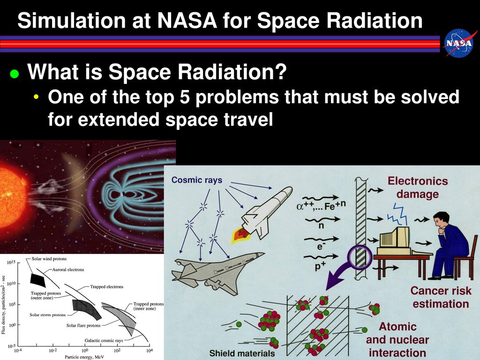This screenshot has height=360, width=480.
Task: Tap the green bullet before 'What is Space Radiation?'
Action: (x=15, y=74)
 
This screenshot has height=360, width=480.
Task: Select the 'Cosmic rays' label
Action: (x=196, y=180)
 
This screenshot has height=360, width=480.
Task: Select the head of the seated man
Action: (x=441, y=220)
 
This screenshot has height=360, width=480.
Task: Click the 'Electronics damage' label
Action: (x=418, y=187)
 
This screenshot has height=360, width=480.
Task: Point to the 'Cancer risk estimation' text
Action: (x=441, y=297)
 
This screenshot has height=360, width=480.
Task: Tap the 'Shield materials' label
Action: (x=242, y=353)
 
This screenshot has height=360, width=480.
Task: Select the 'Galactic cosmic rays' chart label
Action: (x=104, y=340)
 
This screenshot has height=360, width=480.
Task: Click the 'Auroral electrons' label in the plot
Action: (x=68, y=270)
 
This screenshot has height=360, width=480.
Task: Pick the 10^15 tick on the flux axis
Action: (x=11, y=262)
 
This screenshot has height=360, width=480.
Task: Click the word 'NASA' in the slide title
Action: (x=187, y=21)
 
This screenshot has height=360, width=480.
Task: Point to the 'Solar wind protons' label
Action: (x=49, y=259)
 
